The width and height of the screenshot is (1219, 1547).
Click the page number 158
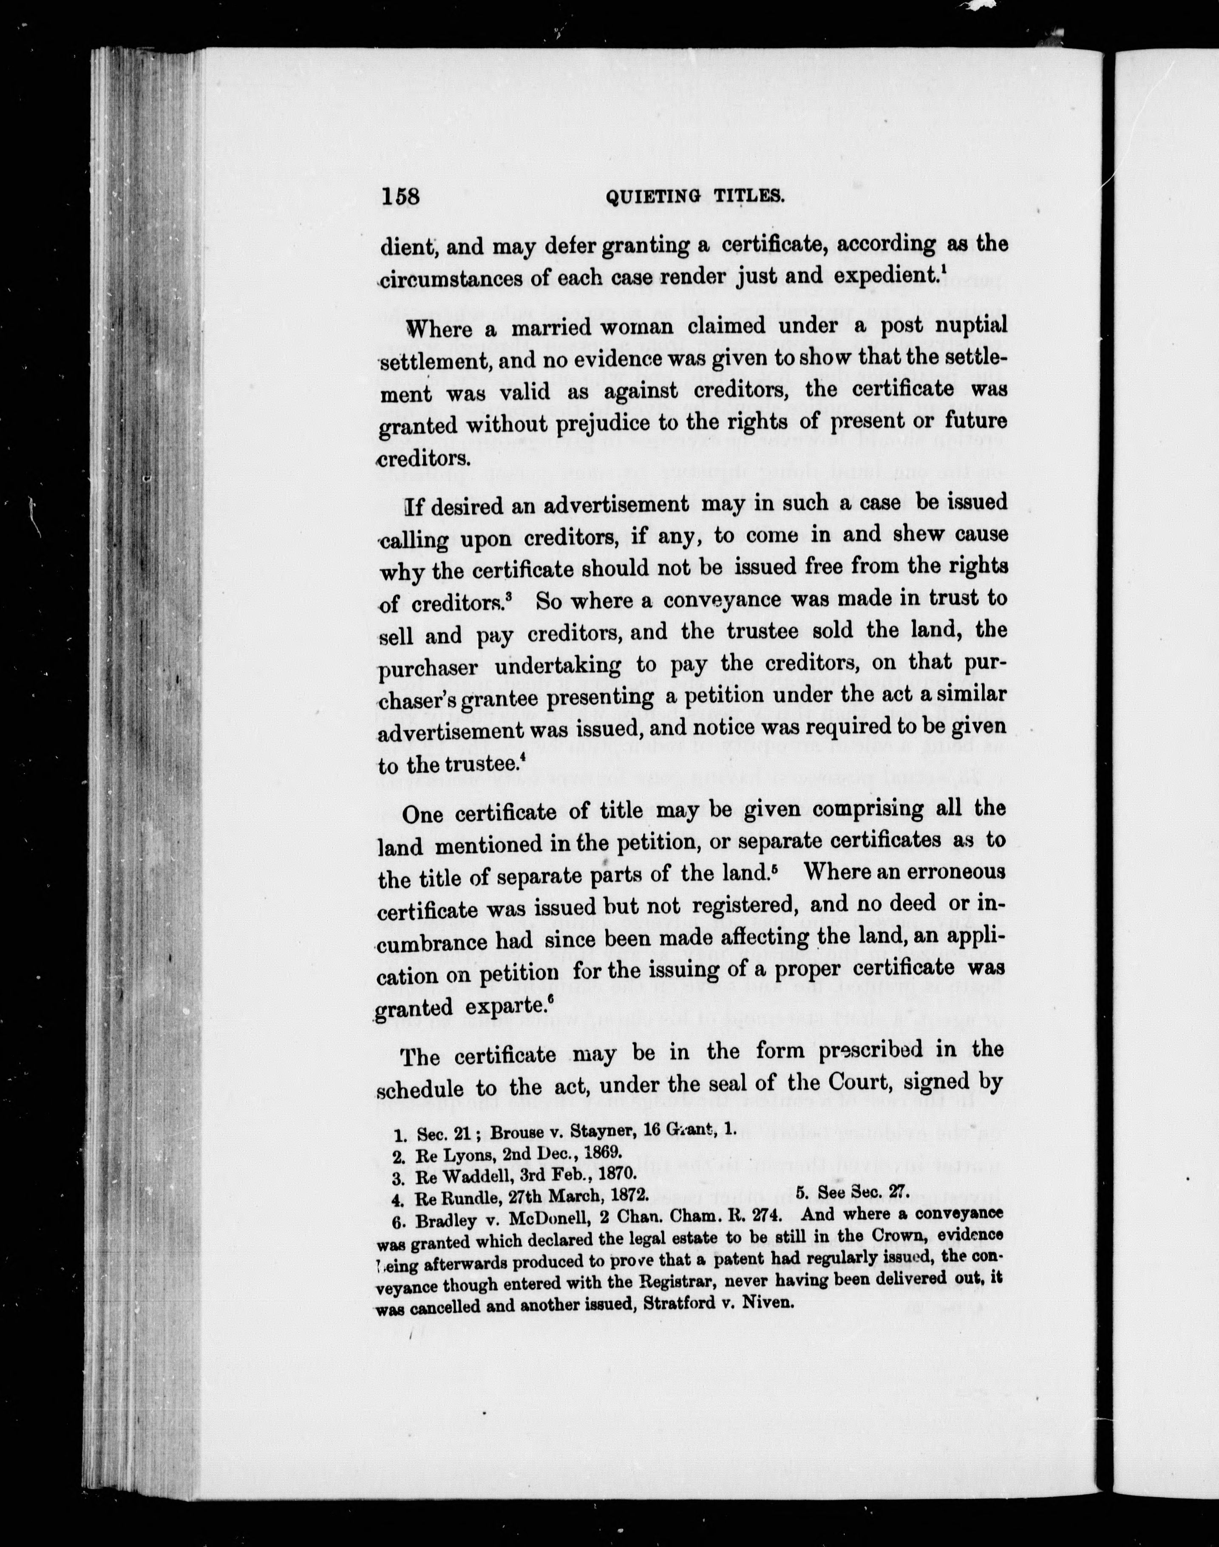click(401, 197)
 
